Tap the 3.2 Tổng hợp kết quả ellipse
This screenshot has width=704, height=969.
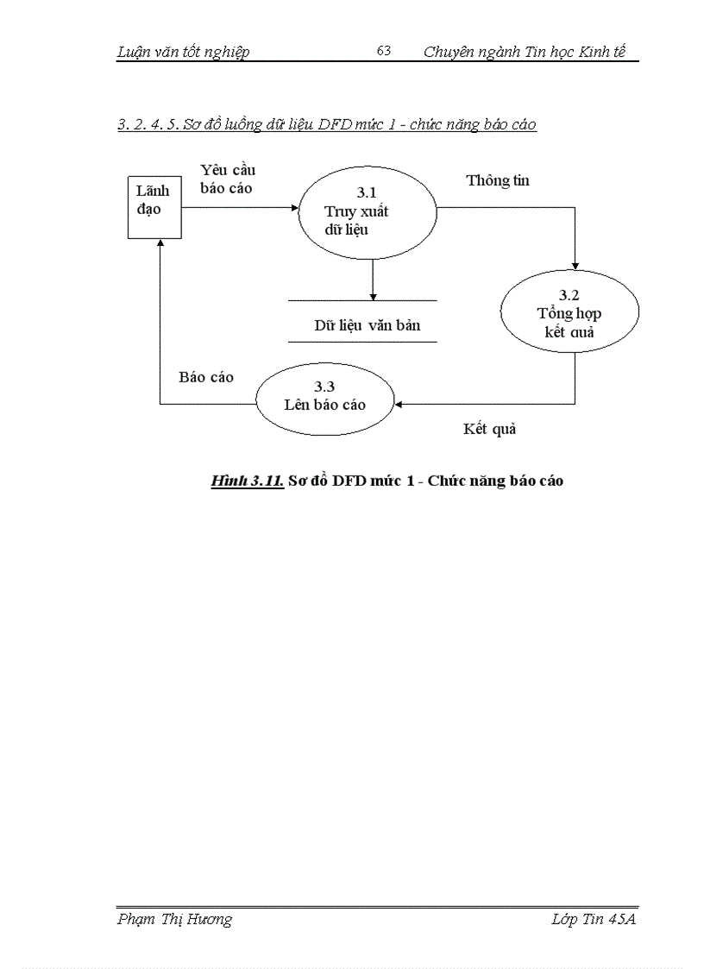pos(569,314)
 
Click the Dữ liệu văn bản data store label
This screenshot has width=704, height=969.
pos(367,325)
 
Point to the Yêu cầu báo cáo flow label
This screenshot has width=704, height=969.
pos(227,179)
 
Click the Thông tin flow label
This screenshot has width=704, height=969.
pos(498,180)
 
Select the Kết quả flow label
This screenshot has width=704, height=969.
pos(489,428)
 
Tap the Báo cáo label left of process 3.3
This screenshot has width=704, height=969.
pos(206,377)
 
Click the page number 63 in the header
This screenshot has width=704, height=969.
pos(384,51)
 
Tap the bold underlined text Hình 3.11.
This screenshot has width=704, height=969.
pos(247,481)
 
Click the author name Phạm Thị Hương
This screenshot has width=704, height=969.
pos(174,919)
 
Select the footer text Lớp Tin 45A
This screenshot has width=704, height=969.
pos(593,919)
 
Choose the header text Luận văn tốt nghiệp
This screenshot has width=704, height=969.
pos(183,52)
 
